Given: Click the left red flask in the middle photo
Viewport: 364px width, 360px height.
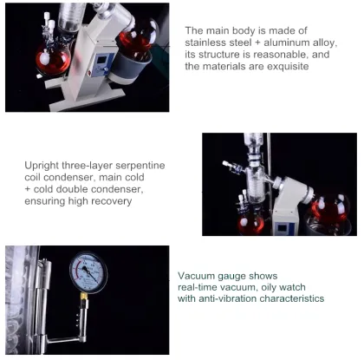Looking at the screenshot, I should [252, 217].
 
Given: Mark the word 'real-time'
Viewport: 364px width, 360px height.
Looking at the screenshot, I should [201, 287].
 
